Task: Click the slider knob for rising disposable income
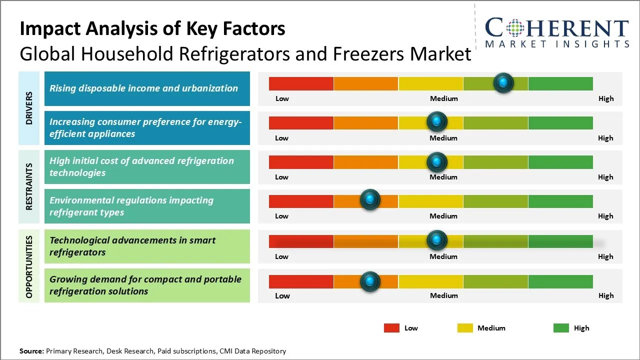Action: (503, 82)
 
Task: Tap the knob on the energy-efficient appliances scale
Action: (437, 121)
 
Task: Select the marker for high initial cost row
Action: (437, 161)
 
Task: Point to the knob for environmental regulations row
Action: (370, 200)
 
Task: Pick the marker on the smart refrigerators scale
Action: (437, 240)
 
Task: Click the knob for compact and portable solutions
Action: (370, 281)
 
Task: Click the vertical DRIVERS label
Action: (29, 108)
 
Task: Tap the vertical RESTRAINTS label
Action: (29, 186)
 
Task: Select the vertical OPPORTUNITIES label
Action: (29, 266)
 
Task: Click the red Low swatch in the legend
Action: (391, 328)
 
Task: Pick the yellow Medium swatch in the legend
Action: (465, 328)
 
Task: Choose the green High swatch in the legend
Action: (561, 328)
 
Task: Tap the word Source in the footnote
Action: (31, 351)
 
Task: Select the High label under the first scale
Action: (605, 98)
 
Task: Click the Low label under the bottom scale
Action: (282, 295)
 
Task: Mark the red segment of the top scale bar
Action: (301, 83)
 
